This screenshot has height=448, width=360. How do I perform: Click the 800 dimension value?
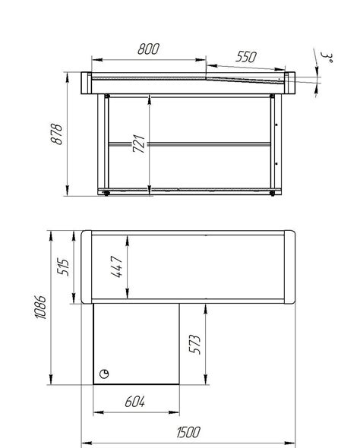[x=148, y=49]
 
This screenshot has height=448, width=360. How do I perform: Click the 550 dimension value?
[x=246, y=57]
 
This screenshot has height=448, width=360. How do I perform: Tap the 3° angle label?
[x=327, y=58]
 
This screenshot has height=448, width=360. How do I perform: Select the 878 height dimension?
[x=56, y=134]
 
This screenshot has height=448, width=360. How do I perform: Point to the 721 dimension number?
[x=139, y=144]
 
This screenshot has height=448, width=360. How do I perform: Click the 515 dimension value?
[x=63, y=267]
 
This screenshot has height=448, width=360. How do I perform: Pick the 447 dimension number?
[x=116, y=267]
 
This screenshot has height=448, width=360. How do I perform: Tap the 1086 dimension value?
[x=40, y=307]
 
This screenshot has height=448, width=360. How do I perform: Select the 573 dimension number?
[x=195, y=344]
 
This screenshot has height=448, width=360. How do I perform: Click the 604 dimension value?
[x=135, y=402]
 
